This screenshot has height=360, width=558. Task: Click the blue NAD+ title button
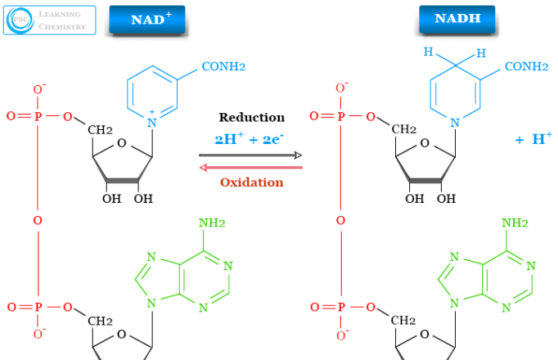(x=146, y=19)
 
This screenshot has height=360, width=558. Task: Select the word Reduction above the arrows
(x=251, y=118)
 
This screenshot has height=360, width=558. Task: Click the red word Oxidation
(x=251, y=182)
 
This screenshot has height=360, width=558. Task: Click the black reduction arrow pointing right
(x=251, y=154)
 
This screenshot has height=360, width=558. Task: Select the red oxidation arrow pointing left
(x=251, y=168)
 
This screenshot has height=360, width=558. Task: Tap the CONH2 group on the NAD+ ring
(x=220, y=66)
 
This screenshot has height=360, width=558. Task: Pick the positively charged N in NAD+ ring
(x=151, y=123)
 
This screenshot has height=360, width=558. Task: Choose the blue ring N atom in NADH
(x=457, y=123)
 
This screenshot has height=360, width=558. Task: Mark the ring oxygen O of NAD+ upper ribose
(x=122, y=146)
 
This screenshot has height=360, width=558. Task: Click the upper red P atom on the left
(x=38, y=117)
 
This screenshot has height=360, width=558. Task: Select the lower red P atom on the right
(x=341, y=308)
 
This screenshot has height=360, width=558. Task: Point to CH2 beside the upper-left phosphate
(x=100, y=130)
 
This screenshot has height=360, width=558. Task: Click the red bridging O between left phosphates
(x=38, y=220)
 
